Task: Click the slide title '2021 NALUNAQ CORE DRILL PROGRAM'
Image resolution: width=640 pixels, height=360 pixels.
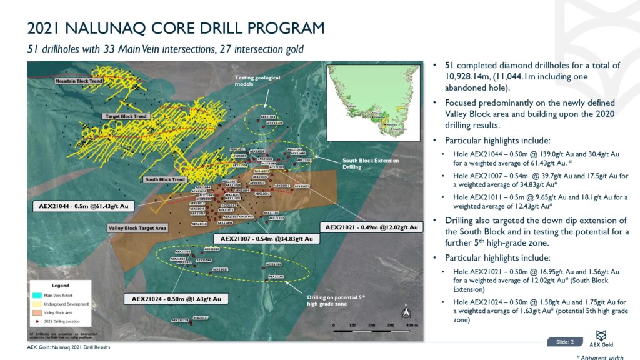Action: point(176,29)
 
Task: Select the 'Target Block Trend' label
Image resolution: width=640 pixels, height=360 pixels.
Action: point(125,116)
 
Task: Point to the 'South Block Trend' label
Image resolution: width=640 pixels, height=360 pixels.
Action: point(165,180)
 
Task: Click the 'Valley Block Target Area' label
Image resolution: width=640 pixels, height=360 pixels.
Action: point(137,229)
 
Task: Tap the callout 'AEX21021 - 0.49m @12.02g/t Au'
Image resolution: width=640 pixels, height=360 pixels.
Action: point(371,226)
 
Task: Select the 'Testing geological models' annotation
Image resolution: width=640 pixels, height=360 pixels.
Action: point(257,82)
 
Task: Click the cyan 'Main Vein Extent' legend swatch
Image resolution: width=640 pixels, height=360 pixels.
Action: point(37,296)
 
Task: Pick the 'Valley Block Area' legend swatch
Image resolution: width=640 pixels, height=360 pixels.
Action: point(37,311)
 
